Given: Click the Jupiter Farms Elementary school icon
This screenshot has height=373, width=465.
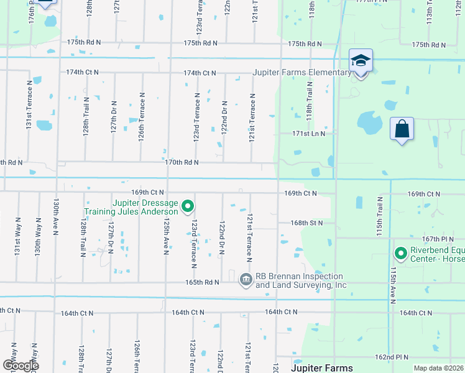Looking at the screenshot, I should click(x=361, y=62).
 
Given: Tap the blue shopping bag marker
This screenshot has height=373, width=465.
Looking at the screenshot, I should click(x=402, y=130).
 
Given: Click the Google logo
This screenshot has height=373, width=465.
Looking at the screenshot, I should click(x=21, y=366).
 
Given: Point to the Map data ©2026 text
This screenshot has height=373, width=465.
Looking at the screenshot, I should click(x=438, y=367).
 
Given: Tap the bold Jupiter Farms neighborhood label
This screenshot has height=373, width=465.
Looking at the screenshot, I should click(x=322, y=368).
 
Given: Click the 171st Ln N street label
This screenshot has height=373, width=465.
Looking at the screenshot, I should click(x=309, y=134).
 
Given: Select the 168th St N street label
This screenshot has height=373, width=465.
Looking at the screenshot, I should click(x=307, y=223).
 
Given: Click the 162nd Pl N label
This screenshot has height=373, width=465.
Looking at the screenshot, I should click(x=392, y=357).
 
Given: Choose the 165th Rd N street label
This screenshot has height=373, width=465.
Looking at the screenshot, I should click(x=203, y=282).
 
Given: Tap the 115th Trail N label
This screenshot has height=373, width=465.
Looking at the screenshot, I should click(x=379, y=215).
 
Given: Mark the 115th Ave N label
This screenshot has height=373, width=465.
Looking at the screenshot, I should click(x=393, y=286).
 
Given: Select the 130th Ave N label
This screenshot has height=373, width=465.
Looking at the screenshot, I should click(x=56, y=217).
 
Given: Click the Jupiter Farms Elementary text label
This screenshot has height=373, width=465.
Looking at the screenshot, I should click(x=302, y=73).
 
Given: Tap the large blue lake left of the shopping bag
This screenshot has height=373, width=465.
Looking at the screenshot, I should click(x=371, y=124).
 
